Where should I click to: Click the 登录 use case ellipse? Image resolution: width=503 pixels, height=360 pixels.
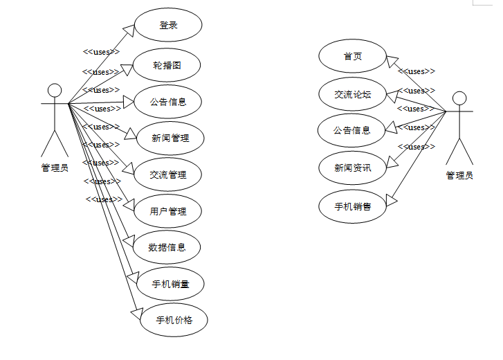[168, 25]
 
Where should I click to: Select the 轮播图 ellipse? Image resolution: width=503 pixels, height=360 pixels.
[167, 66]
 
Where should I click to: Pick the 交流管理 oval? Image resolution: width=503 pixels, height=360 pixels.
[168, 174]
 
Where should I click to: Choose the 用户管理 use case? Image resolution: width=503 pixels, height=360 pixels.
[168, 210]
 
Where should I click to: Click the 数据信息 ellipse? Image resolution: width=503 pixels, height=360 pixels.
[167, 247]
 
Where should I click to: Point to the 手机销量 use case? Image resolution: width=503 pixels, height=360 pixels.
[170, 284]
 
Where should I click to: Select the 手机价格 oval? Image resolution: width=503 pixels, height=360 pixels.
[174, 320]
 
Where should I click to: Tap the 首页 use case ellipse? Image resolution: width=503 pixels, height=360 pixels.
[352, 57]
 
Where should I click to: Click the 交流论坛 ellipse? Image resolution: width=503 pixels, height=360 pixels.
[352, 93]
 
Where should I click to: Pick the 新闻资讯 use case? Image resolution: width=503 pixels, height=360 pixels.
[352, 167]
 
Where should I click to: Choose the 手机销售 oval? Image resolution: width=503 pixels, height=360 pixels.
[352, 206]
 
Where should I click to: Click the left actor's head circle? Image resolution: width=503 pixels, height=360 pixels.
[54, 91]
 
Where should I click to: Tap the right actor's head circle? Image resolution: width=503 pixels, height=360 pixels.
[459, 98]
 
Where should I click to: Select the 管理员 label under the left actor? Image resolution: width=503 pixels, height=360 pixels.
[55, 168]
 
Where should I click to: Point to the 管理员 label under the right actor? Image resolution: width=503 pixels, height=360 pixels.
[459, 175]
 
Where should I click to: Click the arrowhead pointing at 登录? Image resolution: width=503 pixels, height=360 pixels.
[128, 28]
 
